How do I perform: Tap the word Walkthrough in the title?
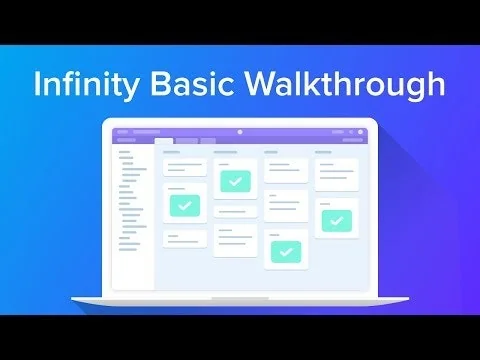pos(345,83)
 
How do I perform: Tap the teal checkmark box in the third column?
pos(286,252)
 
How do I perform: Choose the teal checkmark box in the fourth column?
pos(336,220)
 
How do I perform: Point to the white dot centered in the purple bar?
pos(240,132)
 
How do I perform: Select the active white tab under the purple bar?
pos(163,141)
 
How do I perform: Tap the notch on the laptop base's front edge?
pos(240,298)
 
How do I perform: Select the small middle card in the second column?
pos(235,211)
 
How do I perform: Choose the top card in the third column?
pos(286,171)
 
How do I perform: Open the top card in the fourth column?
pos(336,174)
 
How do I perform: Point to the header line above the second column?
pos(226,153)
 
